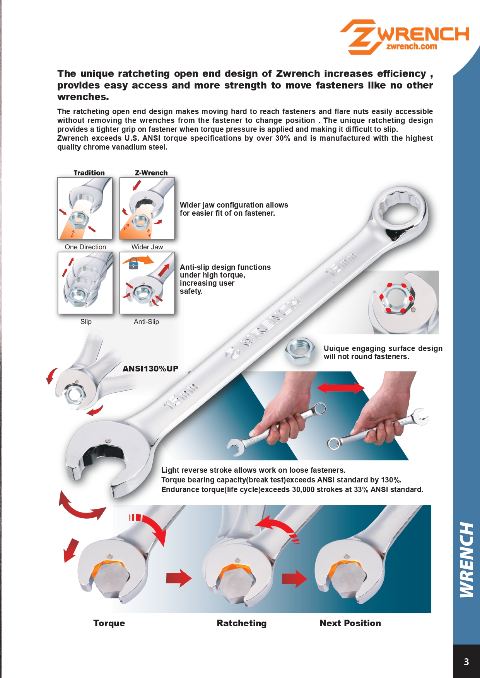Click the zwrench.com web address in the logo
(412, 46)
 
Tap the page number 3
(466, 662)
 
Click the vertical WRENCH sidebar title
(466, 560)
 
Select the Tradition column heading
(89, 173)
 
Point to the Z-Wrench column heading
(151, 173)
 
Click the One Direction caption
(85, 247)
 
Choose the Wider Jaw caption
(147, 247)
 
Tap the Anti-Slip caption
(146, 322)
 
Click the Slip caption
(86, 322)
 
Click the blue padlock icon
(133, 265)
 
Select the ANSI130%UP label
(150, 369)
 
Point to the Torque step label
(109, 623)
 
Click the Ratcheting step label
(242, 623)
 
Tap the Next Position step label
(350, 623)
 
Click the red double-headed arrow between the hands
(340, 388)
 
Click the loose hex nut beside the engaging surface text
(300, 351)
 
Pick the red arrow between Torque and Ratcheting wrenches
(179, 578)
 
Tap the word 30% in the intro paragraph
(282, 138)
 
